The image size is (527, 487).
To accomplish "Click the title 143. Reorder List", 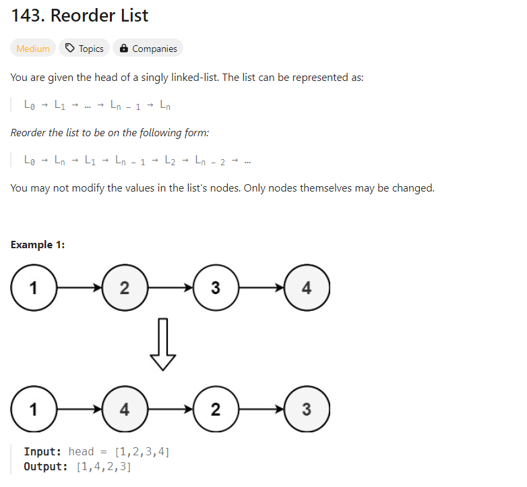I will coord(80,16).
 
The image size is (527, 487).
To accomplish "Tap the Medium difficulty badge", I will coord(33,49).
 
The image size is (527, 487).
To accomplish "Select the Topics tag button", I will coord(84,49).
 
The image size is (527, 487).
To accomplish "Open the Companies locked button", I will coord(148,49).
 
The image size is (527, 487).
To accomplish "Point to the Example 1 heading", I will coord(38,245).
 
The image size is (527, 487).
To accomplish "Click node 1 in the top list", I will coord(33,288).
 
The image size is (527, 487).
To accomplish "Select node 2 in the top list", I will coord(124,288).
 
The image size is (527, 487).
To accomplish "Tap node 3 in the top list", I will coord(215,288).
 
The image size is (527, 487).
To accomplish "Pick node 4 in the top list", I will coord(307,288).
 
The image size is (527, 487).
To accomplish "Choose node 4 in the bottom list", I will coord(124,409).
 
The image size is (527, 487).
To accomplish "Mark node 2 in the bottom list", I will coord(215,409).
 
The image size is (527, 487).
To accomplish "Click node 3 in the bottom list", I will coord(307,409).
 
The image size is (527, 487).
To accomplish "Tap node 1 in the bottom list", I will coord(33,409).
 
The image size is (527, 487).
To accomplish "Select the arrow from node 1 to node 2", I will coord(78,288).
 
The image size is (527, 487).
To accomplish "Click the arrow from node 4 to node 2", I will coord(169,409).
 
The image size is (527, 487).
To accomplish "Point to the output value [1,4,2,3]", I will coord(104,467).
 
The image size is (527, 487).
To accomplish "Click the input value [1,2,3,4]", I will coord(143,451).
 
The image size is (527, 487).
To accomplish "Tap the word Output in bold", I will coord(45,467).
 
